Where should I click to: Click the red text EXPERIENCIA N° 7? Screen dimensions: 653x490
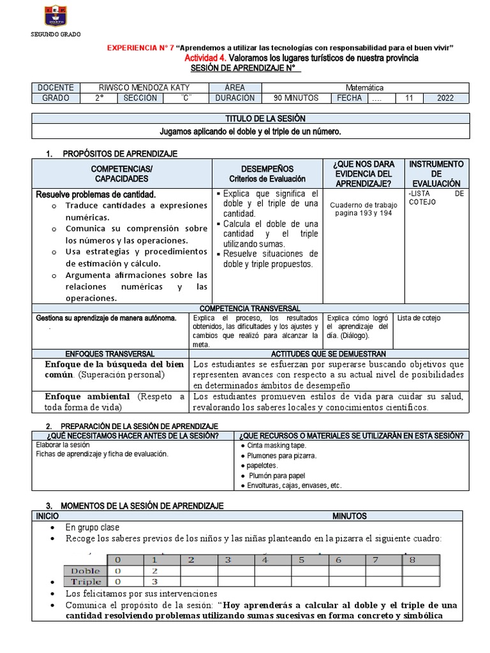140,48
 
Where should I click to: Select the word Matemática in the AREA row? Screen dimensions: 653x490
364,87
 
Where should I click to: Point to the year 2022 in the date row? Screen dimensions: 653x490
446,98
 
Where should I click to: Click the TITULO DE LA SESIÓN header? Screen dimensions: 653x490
256,119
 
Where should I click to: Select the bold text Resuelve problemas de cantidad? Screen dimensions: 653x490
96,194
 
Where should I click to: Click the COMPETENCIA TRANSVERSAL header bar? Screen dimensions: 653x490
255,308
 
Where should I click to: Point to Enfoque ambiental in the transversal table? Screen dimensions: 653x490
87,397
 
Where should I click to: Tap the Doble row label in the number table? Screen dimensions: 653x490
85,570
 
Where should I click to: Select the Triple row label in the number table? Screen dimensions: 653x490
85,582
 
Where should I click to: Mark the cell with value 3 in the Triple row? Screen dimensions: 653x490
154,582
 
